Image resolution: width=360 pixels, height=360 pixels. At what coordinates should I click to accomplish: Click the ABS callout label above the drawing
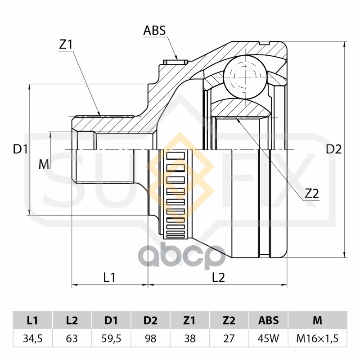click(x=154, y=31)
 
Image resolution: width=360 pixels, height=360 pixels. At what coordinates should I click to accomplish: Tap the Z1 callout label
click(x=66, y=45)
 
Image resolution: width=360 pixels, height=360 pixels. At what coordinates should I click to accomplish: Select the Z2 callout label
click(x=312, y=193)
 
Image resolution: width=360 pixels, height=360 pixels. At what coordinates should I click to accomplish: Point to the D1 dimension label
click(x=20, y=149)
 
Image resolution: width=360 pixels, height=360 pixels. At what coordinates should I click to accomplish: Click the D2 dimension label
click(x=334, y=149)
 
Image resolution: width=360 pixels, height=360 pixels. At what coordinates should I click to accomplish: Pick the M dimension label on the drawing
click(x=44, y=164)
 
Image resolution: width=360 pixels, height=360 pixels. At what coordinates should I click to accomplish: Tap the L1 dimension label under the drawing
click(x=109, y=277)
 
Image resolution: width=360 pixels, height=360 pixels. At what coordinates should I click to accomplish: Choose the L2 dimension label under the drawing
click(x=218, y=277)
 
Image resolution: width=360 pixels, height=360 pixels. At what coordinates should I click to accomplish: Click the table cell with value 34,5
click(x=32, y=338)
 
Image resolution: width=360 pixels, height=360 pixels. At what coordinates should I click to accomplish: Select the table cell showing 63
click(x=72, y=338)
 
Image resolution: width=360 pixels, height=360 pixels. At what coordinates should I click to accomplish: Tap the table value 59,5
click(x=111, y=338)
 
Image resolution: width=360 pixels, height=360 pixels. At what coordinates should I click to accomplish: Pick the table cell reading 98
click(x=150, y=338)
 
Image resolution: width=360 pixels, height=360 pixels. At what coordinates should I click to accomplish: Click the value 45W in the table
click(x=268, y=338)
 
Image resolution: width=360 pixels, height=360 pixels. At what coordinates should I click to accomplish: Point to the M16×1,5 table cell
click(x=318, y=338)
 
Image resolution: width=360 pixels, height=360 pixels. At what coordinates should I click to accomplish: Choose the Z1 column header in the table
click(x=189, y=320)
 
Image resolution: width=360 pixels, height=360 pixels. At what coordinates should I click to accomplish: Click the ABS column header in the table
click(x=268, y=320)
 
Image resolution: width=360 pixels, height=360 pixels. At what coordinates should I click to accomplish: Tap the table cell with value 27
click(x=229, y=338)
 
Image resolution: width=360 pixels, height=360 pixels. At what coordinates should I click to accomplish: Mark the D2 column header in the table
click(x=150, y=320)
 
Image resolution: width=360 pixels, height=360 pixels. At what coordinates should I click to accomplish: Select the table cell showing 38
click(x=189, y=338)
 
